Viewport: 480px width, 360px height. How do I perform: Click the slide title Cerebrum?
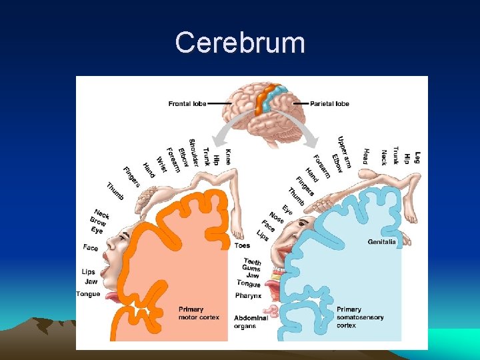coord(240,43)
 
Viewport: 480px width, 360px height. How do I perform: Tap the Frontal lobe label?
coord(187,104)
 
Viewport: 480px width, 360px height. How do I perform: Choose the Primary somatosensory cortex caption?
coord(360,317)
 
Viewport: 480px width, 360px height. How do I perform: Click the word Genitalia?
coord(382,242)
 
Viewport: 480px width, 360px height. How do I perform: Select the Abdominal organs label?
coord(251,321)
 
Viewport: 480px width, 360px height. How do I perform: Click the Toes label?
coord(243,246)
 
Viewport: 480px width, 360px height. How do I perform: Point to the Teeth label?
coord(252,261)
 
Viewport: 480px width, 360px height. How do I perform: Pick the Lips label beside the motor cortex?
coord(89,272)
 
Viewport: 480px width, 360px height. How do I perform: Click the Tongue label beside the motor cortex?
coord(88,294)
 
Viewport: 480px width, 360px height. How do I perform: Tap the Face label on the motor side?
coord(91,248)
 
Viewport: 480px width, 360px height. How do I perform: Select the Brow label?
coord(98,221)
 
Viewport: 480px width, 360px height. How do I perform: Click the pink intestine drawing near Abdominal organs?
coord(271,311)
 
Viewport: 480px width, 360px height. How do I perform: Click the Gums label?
coord(251,268)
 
